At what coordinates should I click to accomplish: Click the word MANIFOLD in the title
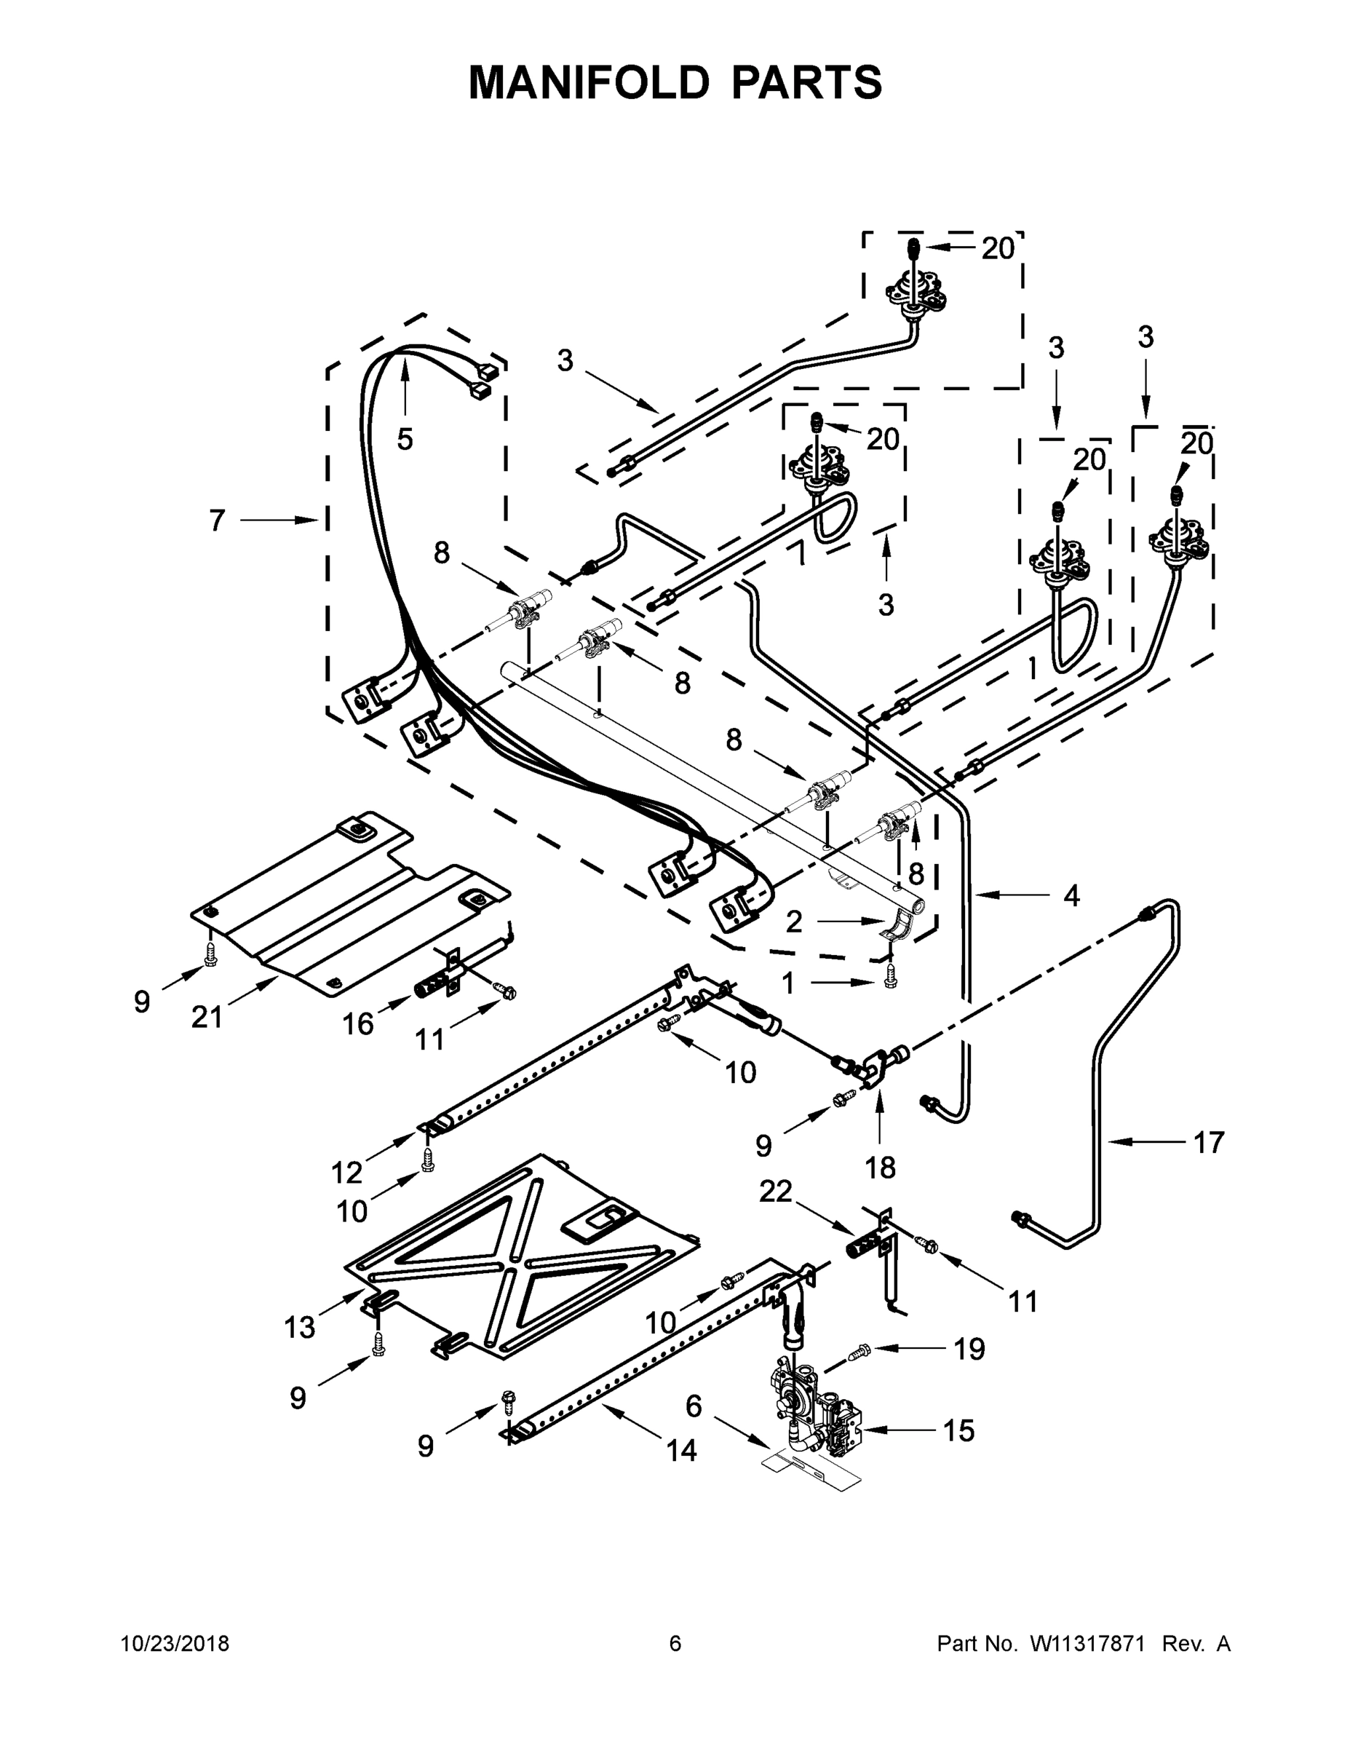(589, 82)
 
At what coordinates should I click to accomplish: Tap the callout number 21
(207, 1017)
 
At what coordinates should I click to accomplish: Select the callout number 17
(1208, 1142)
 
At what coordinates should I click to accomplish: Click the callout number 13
(300, 1327)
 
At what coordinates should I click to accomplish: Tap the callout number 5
(405, 438)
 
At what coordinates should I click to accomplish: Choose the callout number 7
(218, 520)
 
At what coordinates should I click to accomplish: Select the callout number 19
(969, 1350)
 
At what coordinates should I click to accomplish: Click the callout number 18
(880, 1168)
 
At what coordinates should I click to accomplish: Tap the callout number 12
(347, 1173)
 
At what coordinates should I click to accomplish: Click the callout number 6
(694, 1406)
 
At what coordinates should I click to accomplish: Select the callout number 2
(793, 922)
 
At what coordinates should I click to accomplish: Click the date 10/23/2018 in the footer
(175, 1643)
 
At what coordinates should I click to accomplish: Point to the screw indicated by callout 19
(859, 1352)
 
